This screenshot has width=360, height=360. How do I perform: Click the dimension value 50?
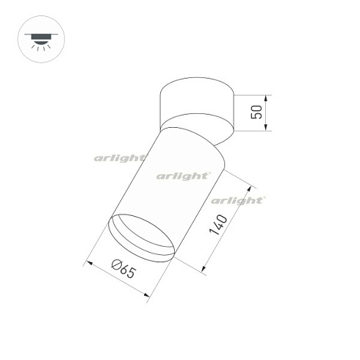point(256,112)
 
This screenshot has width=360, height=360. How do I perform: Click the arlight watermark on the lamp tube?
point(184,176)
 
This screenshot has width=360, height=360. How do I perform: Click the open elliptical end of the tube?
point(142,236)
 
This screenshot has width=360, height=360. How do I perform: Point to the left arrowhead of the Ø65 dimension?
point(88,262)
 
